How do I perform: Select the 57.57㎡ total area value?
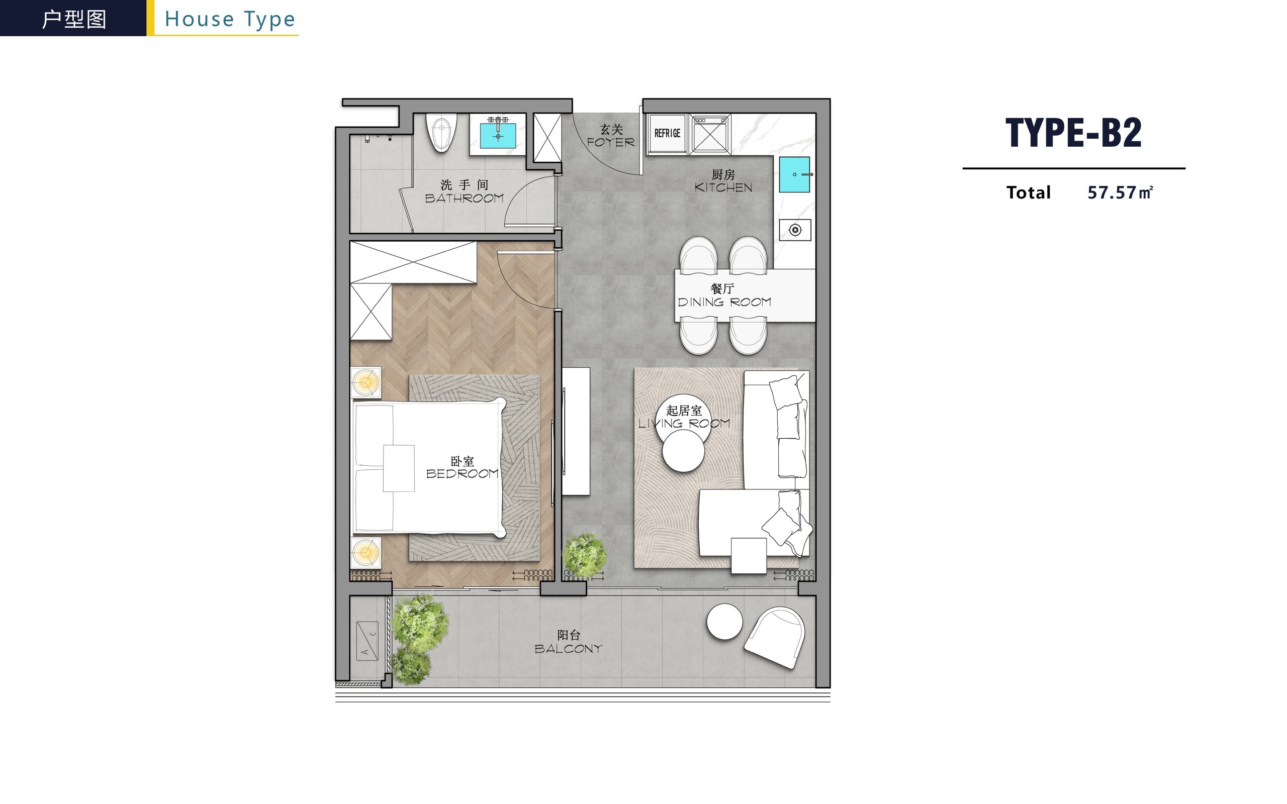(x=1120, y=192)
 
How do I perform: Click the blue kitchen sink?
(x=794, y=174)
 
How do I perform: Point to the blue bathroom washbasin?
(x=498, y=136)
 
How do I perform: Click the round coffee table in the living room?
(x=683, y=451)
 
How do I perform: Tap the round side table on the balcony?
(x=724, y=622)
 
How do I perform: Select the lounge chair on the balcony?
(x=774, y=637)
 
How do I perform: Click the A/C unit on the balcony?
(x=367, y=641)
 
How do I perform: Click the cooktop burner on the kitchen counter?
(x=795, y=230)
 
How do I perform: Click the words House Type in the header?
(x=230, y=20)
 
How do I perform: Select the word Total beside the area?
(x=1029, y=192)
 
